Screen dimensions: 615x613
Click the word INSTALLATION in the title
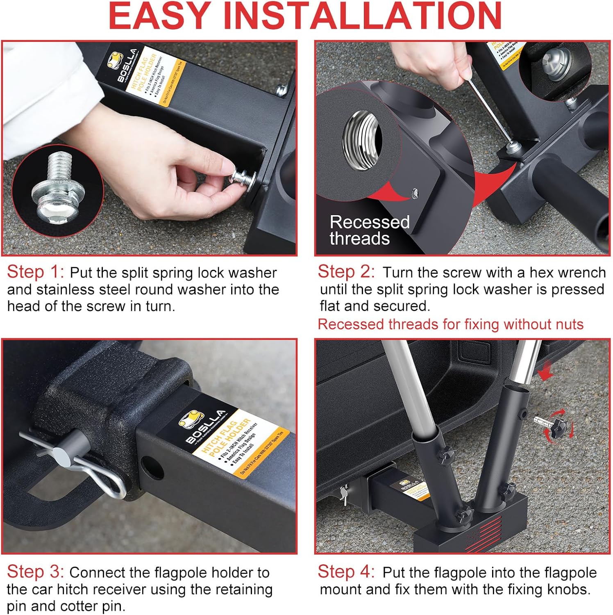[x=363, y=16]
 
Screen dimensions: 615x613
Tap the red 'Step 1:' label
[x=35, y=272]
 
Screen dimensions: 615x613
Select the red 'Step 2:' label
[x=346, y=272]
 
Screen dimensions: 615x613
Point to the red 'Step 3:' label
[x=35, y=572]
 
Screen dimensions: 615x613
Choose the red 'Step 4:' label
[x=346, y=572]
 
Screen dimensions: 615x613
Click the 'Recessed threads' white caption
[x=369, y=230]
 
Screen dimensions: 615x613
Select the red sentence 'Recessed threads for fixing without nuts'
[x=450, y=324]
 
